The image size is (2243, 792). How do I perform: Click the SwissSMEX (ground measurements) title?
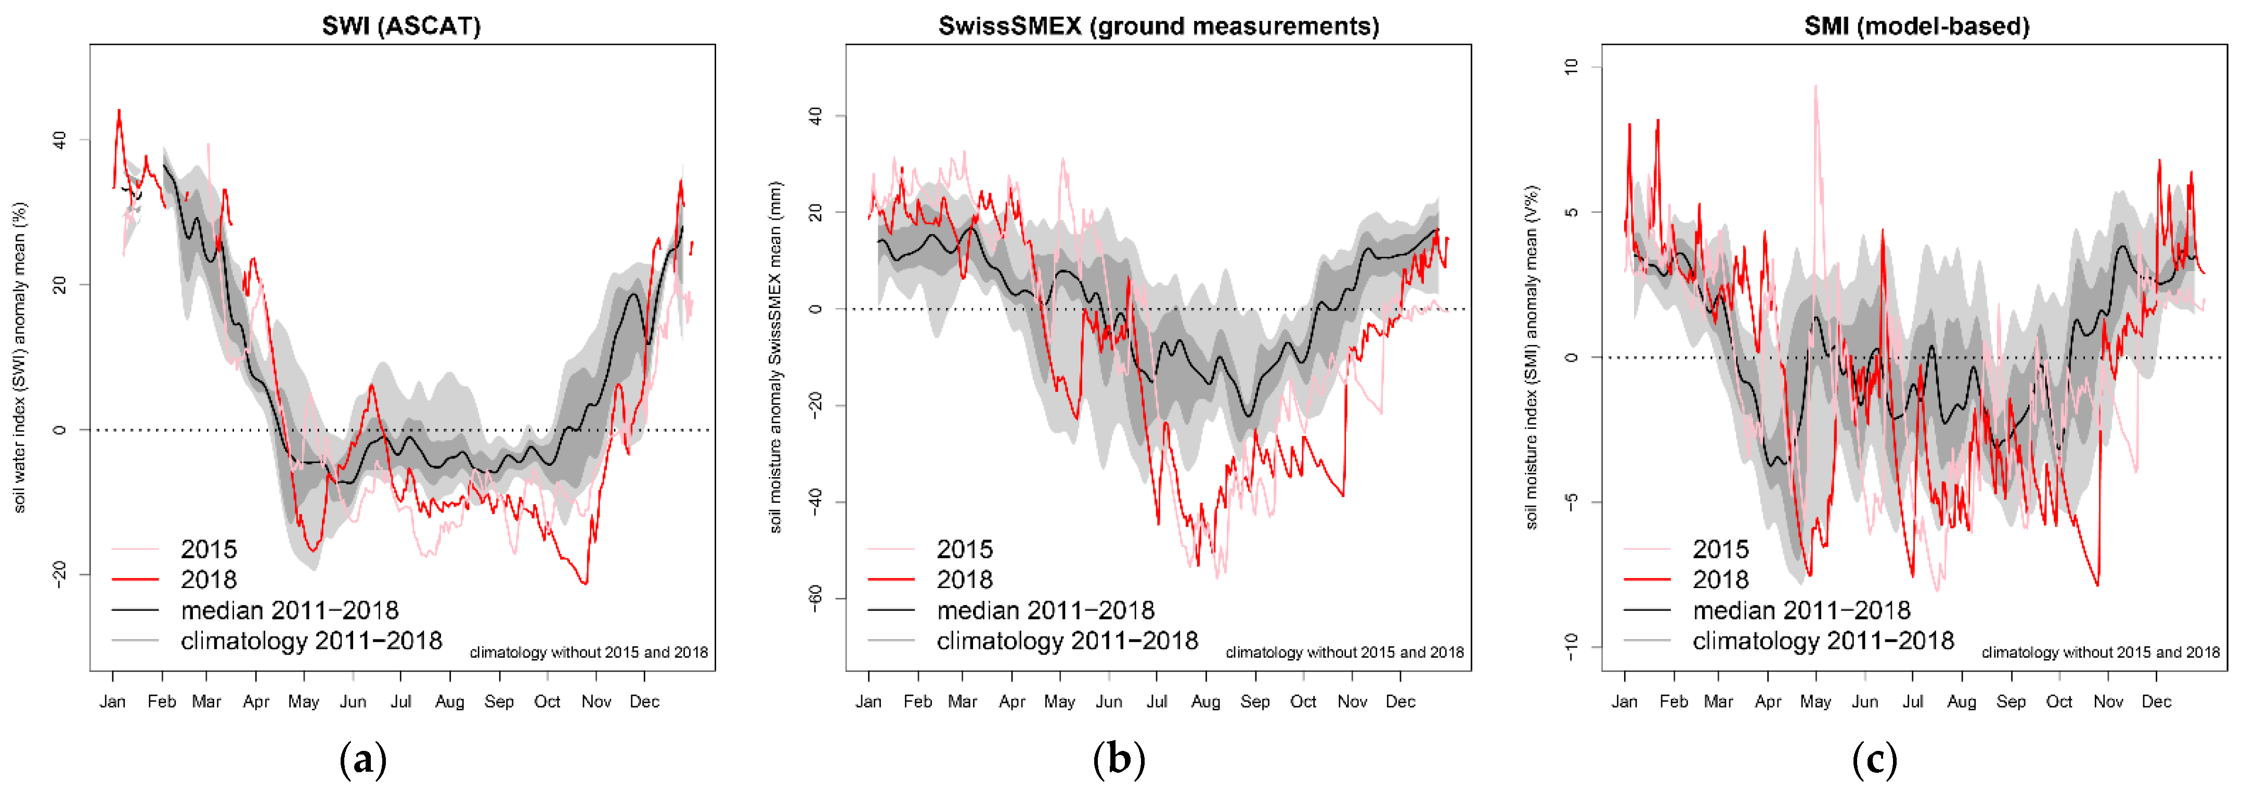(1158, 26)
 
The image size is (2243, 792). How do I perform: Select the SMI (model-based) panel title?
(1916, 26)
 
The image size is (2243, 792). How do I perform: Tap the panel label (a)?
(362, 760)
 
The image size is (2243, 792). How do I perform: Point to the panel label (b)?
(1119, 760)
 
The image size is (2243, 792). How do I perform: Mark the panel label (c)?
(1874, 760)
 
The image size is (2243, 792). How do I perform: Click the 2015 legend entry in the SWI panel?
(208, 549)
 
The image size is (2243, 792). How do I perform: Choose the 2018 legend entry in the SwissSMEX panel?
(964, 579)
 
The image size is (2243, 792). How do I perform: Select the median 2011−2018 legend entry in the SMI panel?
(1800, 610)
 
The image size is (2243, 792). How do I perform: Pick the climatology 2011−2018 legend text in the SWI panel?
(311, 641)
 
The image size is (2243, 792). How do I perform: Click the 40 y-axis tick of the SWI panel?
(59, 139)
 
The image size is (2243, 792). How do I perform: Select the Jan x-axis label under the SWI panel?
(112, 701)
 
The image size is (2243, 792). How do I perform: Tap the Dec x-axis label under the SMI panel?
(2156, 701)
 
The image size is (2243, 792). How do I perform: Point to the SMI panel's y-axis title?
(1532, 357)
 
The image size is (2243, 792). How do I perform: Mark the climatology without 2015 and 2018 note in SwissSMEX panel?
(1344, 653)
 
